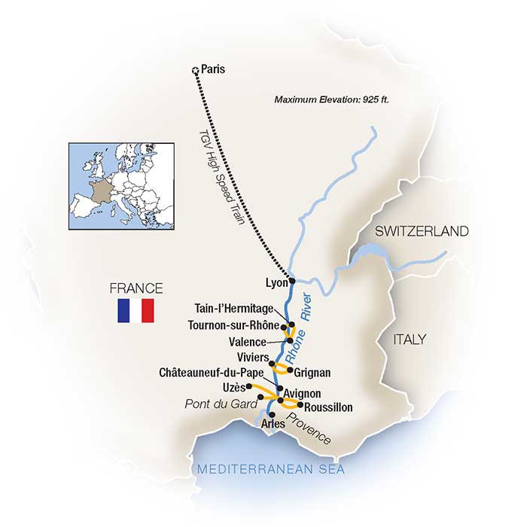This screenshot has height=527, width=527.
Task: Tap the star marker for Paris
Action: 196,71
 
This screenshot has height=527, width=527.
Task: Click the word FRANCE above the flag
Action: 136,288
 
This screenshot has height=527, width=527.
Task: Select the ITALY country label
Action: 409,340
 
